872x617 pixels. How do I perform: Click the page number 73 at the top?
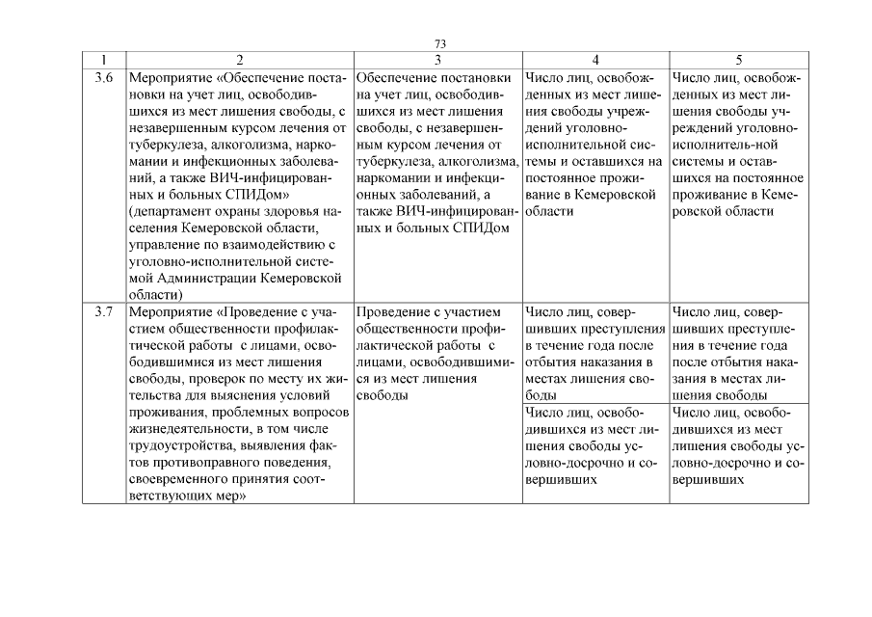[440, 44]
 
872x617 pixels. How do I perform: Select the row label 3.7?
[105, 312]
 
